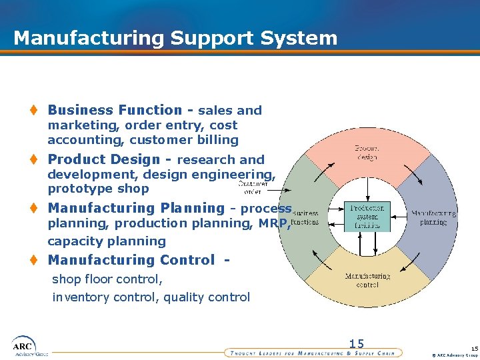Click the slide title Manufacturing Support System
click(175, 38)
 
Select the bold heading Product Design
click(104, 159)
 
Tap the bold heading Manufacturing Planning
click(136, 208)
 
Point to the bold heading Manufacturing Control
click(131, 260)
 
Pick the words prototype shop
click(98, 189)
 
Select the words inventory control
click(104, 297)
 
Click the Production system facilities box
click(367, 217)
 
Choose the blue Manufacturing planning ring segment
click(433, 217)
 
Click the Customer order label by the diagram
click(253, 186)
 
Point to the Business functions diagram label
click(305, 217)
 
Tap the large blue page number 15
click(357, 344)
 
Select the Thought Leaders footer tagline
click(311, 353)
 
